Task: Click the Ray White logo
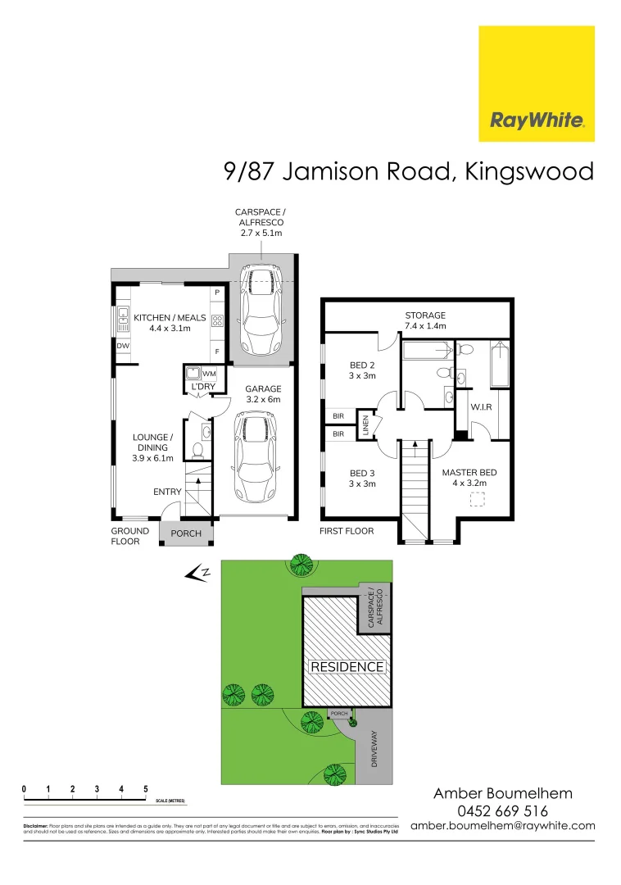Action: tap(537, 84)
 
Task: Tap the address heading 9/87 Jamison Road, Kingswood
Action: tap(409, 172)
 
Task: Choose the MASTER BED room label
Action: tap(469, 478)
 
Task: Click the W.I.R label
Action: tap(480, 406)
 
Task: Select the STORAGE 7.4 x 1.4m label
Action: tap(425, 320)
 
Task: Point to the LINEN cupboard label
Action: tap(368, 426)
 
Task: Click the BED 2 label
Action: tap(362, 370)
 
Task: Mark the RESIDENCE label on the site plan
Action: tap(347, 667)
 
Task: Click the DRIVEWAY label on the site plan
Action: tap(374, 747)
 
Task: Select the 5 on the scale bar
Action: tap(146, 789)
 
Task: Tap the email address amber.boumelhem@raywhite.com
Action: tap(502, 826)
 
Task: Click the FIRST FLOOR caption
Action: tap(347, 531)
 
